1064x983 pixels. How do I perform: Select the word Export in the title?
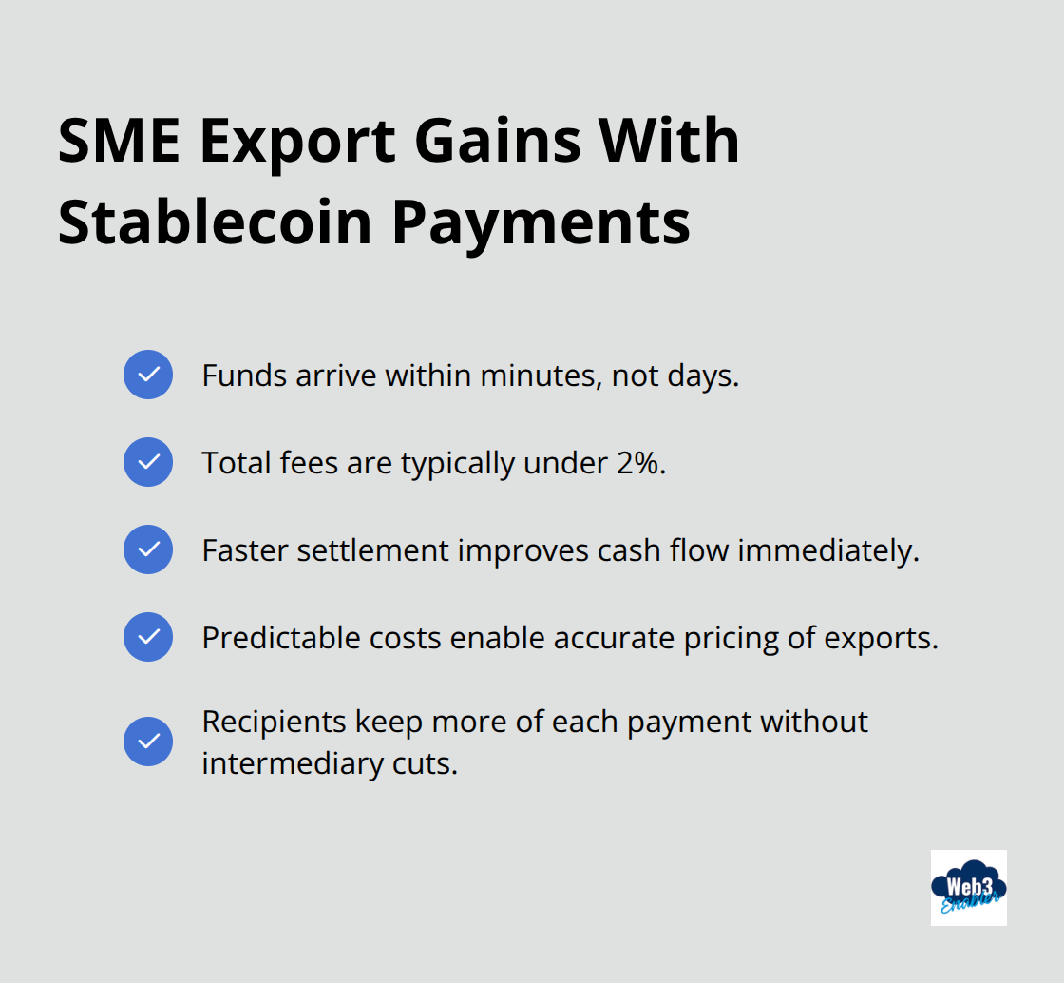pos(296,141)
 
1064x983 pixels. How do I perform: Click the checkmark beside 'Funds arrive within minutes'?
pos(148,375)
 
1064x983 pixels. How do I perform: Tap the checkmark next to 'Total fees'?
pos(148,462)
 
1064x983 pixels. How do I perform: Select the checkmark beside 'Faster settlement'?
pos(148,549)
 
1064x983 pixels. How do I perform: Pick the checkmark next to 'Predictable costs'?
pos(148,637)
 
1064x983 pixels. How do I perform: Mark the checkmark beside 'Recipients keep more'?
pos(148,742)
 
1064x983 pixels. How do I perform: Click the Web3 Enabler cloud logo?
pos(968,888)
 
